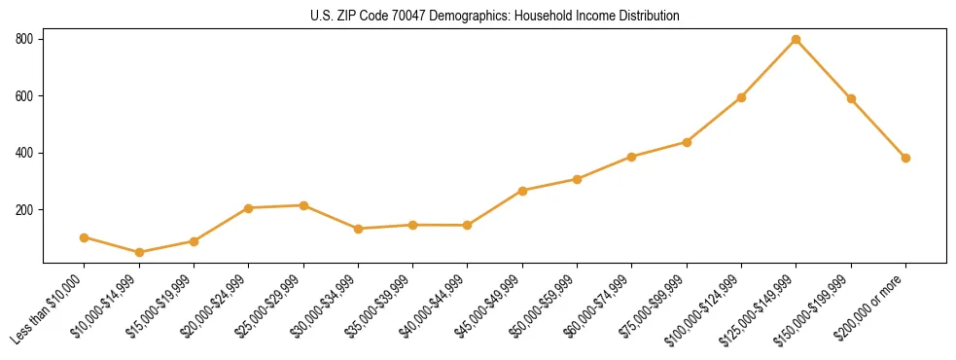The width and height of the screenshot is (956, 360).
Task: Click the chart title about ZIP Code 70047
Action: click(x=495, y=17)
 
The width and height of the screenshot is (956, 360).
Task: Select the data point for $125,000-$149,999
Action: click(x=797, y=39)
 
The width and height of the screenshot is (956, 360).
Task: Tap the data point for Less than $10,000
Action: click(x=85, y=237)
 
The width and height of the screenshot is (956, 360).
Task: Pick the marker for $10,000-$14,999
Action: click(x=139, y=253)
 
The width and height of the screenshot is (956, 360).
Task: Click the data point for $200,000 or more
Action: click(x=905, y=158)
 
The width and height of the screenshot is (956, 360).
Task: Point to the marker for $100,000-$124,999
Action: click(x=741, y=97)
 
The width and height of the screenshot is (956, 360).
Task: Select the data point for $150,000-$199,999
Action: click(x=851, y=98)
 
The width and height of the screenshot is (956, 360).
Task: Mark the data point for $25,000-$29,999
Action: click(x=303, y=205)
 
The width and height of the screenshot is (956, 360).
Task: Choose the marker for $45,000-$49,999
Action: click(x=522, y=191)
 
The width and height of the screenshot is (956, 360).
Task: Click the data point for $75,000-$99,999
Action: click(x=687, y=142)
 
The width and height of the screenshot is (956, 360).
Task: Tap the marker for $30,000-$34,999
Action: click(x=358, y=229)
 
